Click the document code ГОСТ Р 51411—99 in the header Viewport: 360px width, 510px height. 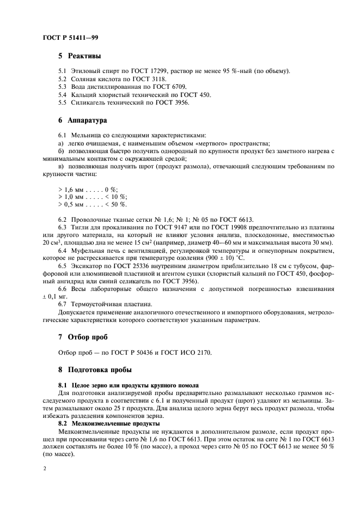(70, 38)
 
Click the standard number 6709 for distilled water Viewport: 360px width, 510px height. (178, 87)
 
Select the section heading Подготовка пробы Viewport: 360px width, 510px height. (99, 369)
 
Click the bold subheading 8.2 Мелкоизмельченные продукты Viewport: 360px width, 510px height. (109, 423)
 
